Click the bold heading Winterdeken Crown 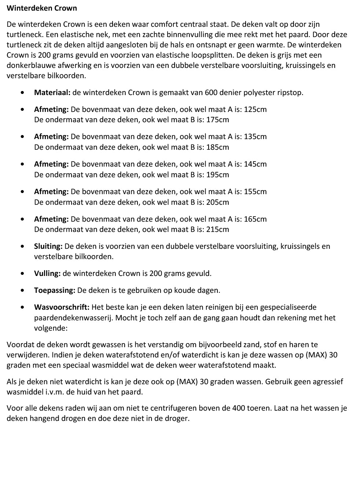[42, 8]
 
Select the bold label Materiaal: [52, 92]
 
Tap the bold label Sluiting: [48, 246]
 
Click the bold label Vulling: [47, 273]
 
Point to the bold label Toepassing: [55, 290]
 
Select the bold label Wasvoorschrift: [62, 307]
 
